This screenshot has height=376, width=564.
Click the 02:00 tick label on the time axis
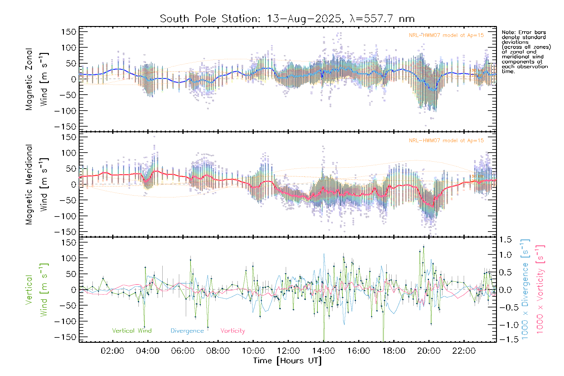coord(112,351)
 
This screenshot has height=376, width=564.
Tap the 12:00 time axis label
coord(288,351)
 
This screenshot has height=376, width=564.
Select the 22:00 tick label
coord(464,351)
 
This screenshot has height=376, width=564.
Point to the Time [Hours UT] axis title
coord(287,361)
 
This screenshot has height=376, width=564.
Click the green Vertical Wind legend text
coord(132,331)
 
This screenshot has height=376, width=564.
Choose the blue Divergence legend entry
coord(187,331)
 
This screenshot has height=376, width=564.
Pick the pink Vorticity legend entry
coord(232,331)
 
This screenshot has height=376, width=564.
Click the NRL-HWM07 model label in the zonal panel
coord(446,35)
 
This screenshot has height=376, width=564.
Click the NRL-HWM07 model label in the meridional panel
coord(446,141)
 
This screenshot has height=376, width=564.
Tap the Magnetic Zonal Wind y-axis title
coord(37,79)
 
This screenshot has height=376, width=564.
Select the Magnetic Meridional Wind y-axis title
coord(37,185)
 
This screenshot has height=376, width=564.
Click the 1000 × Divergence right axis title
coord(525,290)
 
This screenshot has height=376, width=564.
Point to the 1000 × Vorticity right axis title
coord(540,290)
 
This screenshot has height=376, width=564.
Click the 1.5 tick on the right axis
coord(505,240)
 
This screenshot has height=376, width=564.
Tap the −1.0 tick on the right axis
coord(505,325)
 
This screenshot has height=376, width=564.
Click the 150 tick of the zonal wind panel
coord(69,32)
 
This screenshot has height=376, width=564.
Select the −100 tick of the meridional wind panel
coord(65,216)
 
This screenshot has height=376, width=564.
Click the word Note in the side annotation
coord(508,33)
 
